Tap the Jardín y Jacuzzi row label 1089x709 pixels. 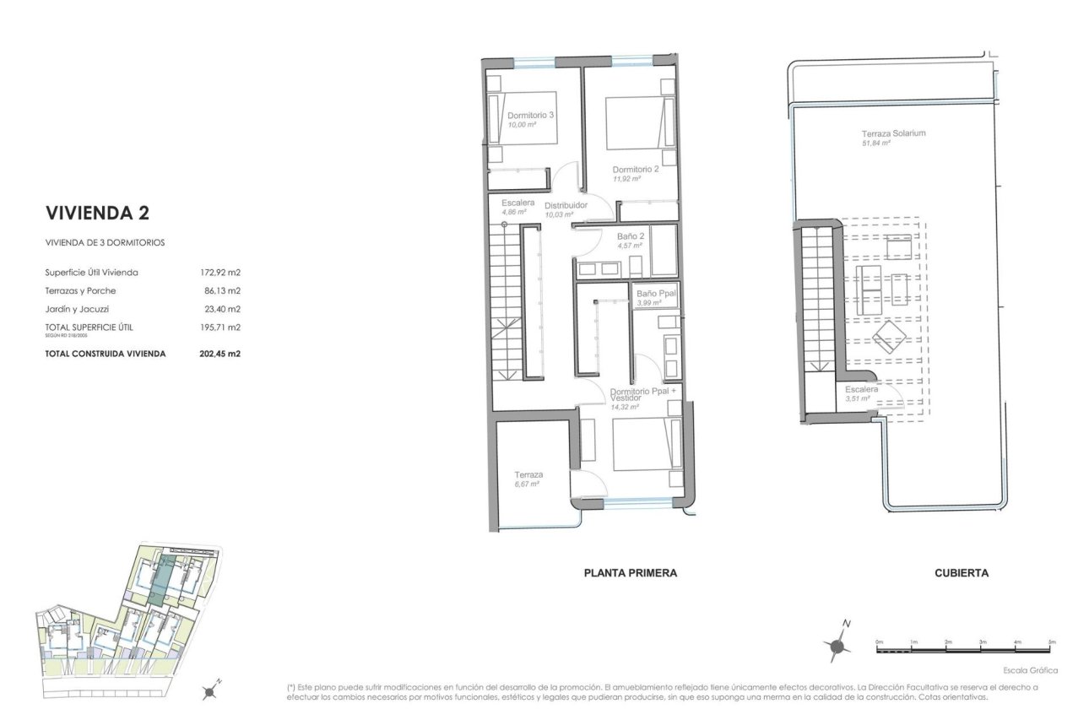point(77,309)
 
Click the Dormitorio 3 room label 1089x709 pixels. point(530,116)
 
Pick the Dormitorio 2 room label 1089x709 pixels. point(636,169)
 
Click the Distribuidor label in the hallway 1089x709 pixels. point(566,206)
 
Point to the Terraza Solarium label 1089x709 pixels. point(893,133)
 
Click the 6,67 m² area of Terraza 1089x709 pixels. point(527,484)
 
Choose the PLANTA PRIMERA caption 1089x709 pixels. point(630,573)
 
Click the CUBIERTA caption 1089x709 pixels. point(962,573)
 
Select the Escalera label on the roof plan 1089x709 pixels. point(861,389)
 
